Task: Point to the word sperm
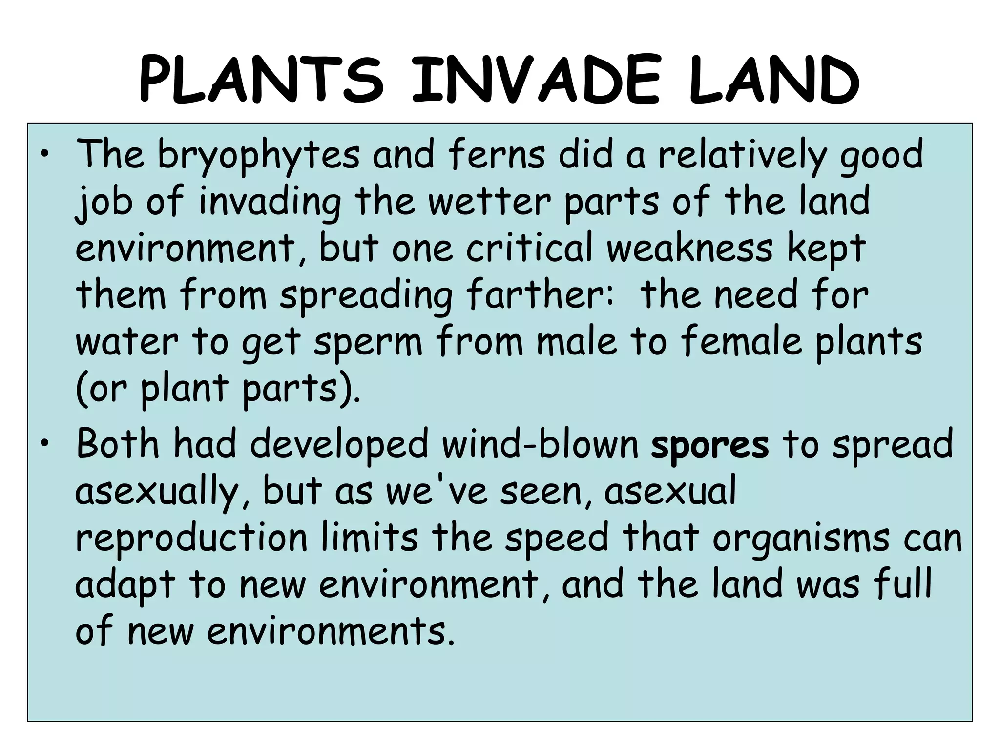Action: point(368,342)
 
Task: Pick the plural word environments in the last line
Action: point(327,631)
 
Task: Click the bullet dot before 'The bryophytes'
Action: point(45,155)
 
